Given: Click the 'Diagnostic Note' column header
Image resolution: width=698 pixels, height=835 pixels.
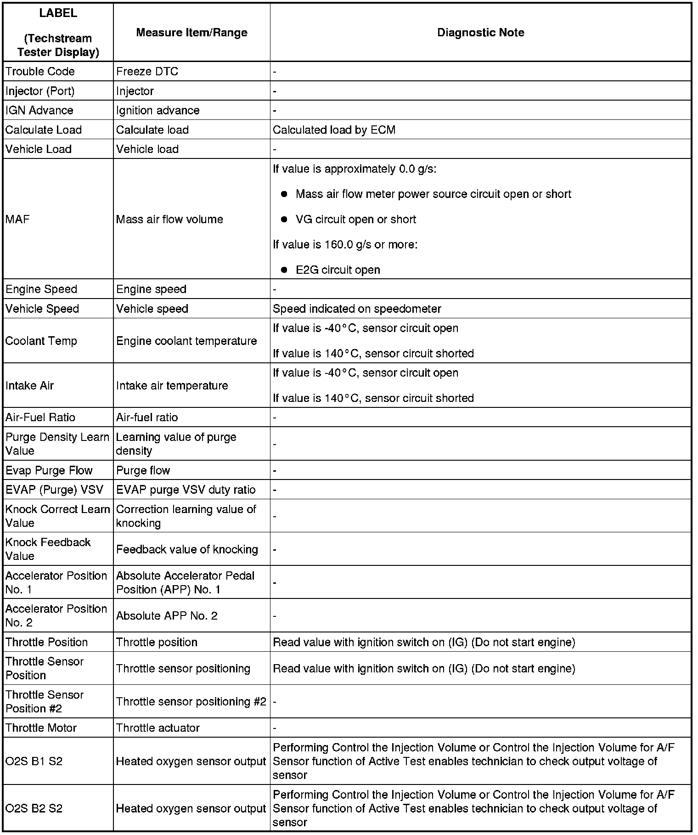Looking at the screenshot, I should pyautogui.click(x=480, y=33).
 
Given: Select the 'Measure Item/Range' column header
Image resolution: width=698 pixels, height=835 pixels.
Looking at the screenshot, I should pyautogui.click(x=191, y=33).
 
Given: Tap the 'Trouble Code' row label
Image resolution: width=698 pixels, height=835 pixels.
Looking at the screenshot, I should pyautogui.click(x=40, y=72).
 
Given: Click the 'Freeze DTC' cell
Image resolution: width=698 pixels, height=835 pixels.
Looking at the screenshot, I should pyautogui.click(x=147, y=72).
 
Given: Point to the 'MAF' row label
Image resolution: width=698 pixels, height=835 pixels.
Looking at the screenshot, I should pyautogui.click(x=17, y=220).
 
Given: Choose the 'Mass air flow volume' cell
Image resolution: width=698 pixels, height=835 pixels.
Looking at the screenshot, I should pyautogui.click(x=169, y=220).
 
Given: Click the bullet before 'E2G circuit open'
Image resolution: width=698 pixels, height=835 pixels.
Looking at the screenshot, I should pyautogui.click(x=284, y=270).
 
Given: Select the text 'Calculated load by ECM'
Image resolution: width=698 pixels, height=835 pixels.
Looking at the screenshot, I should pyautogui.click(x=334, y=130).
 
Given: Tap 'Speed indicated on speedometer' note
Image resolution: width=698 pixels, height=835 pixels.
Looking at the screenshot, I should pyautogui.click(x=357, y=309).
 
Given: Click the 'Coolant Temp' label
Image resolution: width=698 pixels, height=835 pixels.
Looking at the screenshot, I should pyautogui.click(x=41, y=341).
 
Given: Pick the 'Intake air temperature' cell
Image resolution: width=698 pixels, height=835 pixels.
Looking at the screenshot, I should pyautogui.click(x=172, y=385).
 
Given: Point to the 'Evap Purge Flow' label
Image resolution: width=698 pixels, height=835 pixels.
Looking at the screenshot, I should pyautogui.click(x=49, y=470).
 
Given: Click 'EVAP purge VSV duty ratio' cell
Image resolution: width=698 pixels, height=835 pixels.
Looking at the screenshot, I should pyautogui.click(x=186, y=490).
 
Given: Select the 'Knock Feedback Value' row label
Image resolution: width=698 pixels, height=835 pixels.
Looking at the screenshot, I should pyautogui.click(x=48, y=549).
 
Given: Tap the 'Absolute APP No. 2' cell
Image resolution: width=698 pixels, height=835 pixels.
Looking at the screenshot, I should pyautogui.click(x=167, y=615).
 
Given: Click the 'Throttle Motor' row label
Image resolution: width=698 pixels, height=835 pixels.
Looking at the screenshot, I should pyautogui.click(x=41, y=728).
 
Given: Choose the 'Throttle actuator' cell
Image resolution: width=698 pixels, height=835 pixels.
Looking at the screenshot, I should pyautogui.click(x=158, y=728).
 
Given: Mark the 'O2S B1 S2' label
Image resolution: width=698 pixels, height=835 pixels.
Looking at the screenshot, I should pyautogui.click(x=34, y=762).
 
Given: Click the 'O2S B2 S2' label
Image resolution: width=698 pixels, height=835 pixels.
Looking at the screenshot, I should pyautogui.click(x=34, y=808).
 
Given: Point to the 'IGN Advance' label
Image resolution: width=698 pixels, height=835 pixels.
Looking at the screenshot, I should pyautogui.click(x=39, y=111).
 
